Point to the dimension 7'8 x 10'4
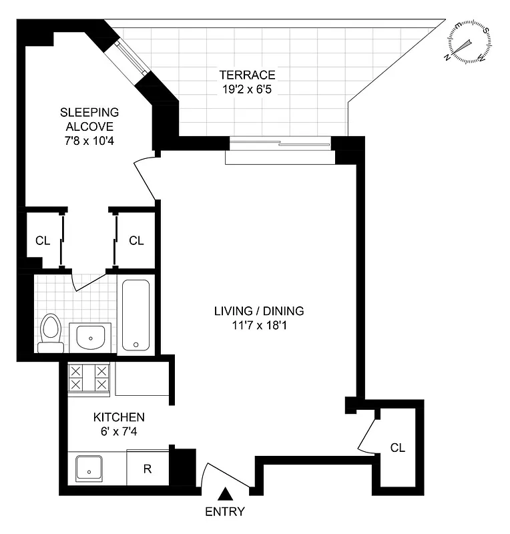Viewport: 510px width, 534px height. [x=89, y=141]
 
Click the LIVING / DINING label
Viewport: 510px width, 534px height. [x=259, y=310]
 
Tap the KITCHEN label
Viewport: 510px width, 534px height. [x=118, y=417]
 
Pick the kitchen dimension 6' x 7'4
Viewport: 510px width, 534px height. [x=118, y=431]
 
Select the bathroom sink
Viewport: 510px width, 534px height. [x=91, y=336]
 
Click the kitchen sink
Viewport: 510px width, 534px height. [x=88, y=468]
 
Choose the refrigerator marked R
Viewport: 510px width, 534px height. [x=147, y=469]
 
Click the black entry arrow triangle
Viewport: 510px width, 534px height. [x=226, y=495]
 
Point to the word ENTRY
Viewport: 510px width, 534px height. [x=226, y=513]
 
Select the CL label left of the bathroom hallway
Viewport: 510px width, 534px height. [x=43, y=241]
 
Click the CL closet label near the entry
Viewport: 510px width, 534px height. [x=398, y=447]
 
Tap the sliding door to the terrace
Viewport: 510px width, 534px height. [x=279, y=142]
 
